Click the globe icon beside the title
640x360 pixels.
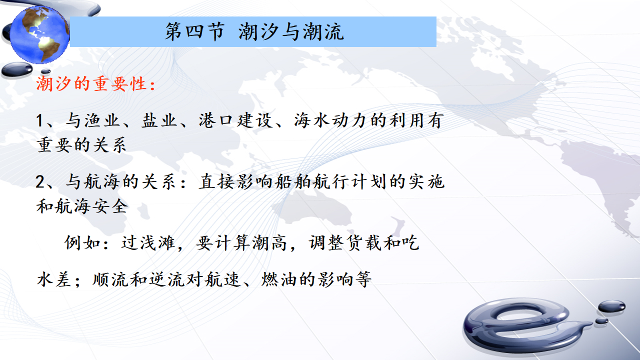click(39, 34)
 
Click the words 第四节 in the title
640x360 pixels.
click(195, 31)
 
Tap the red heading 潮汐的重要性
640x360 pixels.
click(91, 84)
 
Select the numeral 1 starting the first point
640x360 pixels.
click(39, 120)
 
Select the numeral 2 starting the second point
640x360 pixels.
click(40, 181)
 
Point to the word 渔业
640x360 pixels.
click(101, 120)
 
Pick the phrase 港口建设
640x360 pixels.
click(235, 120)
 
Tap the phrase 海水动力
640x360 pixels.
click(330, 120)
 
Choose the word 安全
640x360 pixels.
click(110, 206)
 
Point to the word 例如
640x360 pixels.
click(82, 243)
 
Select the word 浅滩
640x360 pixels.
click(158, 243)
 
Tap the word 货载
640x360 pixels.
click(364, 243)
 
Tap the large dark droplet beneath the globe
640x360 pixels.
click(17, 69)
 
